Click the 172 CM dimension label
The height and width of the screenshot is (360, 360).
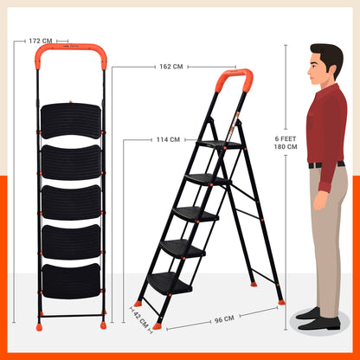click(41, 41)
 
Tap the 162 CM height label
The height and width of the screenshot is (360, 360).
click(171, 67)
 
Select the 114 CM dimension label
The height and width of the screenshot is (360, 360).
click(168, 139)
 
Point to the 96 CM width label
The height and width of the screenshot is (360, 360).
click(224, 319)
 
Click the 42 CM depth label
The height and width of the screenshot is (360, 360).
click(141, 320)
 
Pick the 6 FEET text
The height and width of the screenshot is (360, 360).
click(286, 138)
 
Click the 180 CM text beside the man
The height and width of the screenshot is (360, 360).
click(286, 146)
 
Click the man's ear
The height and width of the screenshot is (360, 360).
click(331, 69)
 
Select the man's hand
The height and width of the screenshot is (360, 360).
click(320, 200)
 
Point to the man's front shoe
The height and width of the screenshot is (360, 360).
click(318, 324)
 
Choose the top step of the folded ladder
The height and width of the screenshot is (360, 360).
click(71, 121)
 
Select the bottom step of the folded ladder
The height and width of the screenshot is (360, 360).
click(71, 281)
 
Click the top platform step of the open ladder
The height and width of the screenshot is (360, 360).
click(220, 145)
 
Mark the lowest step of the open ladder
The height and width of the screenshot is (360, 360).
click(170, 283)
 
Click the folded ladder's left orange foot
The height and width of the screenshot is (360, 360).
click(39, 327)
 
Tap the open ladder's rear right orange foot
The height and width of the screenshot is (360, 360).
click(281, 302)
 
